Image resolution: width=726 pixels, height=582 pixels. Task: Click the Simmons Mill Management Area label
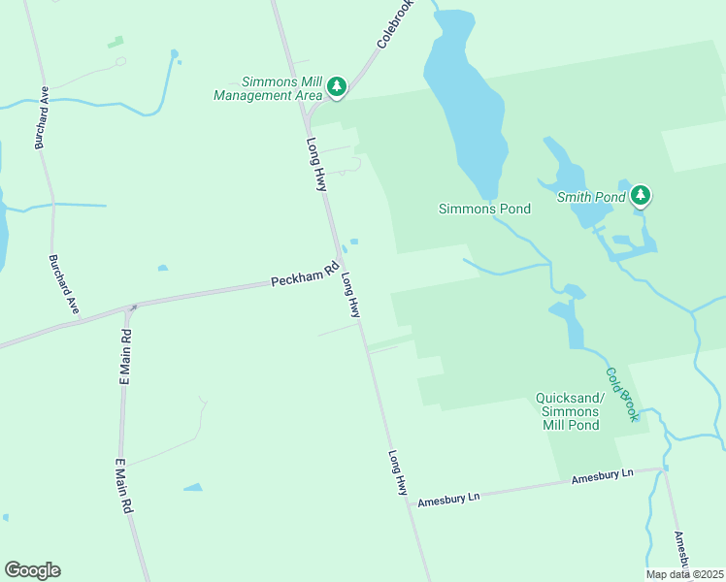pos(268,88)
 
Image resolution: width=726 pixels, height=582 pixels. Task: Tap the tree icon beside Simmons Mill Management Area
pos(337,87)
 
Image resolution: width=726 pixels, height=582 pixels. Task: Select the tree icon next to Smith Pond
pos(640,196)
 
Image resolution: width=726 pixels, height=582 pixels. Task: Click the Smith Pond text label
pos(590,198)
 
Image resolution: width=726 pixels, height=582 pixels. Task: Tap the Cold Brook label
pos(621,393)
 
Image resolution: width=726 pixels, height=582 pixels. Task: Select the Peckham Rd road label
pos(303,279)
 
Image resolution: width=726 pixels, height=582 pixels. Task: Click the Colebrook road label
pos(395,24)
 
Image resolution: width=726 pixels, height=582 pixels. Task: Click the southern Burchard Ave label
pos(64,284)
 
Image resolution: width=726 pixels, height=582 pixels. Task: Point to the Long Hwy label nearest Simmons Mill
pos(317,164)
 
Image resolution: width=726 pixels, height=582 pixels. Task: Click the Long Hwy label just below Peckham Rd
pos(350,295)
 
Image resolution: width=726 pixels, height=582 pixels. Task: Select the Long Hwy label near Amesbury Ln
pos(398,473)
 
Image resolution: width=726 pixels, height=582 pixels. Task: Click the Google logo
pos(32,570)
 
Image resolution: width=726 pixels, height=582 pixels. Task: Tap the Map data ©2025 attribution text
pos(683,574)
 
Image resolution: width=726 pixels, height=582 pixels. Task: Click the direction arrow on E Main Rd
pos(132,308)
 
